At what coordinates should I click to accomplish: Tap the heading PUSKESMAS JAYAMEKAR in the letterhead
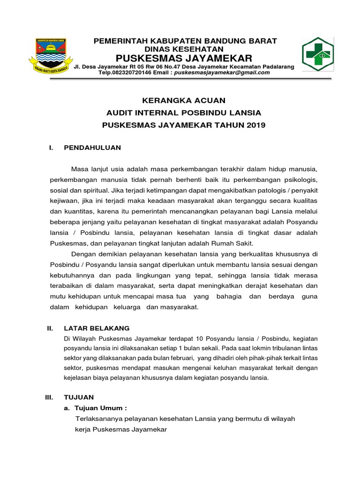point(184,58)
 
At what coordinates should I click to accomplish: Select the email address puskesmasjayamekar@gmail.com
point(221,73)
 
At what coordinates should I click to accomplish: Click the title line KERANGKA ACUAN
point(184,100)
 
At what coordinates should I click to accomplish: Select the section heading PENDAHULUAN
point(92,148)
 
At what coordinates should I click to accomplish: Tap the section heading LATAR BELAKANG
point(97,328)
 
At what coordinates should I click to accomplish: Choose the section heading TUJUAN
point(79,397)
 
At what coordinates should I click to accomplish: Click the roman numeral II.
point(51,328)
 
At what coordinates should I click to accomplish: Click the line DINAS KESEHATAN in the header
point(184,49)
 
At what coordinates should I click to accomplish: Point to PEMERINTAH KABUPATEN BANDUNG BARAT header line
point(185,41)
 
